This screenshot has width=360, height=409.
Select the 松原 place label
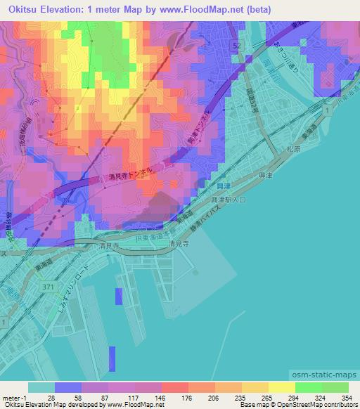tap(293, 148)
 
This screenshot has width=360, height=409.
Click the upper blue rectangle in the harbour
tap(119, 296)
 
